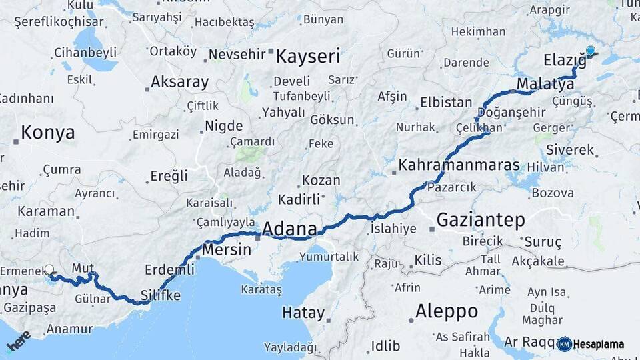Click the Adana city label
click(289, 229)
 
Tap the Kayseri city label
click(308, 56)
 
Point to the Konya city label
click(48, 132)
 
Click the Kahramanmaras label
click(459, 165)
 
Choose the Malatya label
click(541, 84)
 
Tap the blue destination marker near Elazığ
click(590, 51)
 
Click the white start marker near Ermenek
click(49, 270)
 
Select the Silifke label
click(160, 295)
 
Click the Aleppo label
click(447, 311)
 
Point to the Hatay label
click(303, 313)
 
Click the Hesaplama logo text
click(598, 344)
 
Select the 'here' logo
click(19, 341)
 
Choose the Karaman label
click(46, 211)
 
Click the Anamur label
click(69, 329)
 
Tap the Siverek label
click(569, 150)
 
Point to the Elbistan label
click(445, 103)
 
